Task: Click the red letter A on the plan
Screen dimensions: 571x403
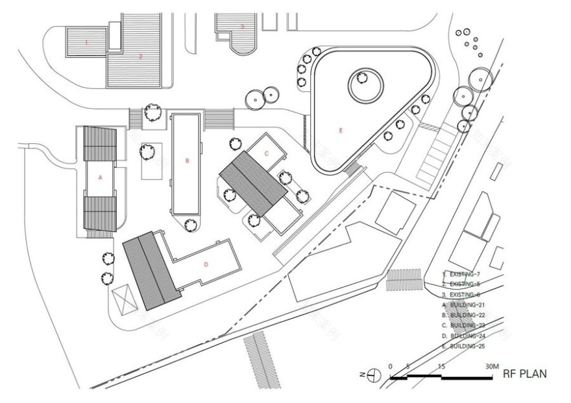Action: click(101, 176)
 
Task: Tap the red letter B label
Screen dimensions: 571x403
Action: click(187, 160)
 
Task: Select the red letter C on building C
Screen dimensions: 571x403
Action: click(266, 153)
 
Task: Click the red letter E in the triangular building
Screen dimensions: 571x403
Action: click(339, 130)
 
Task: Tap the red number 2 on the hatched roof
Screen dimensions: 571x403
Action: click(140, 56)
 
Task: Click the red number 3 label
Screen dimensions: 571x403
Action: click(243, 27)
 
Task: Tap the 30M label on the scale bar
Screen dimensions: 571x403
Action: click(491, 367)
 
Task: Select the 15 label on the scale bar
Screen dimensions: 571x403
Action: click(441, 367)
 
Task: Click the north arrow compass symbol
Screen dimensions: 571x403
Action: click(372, 374)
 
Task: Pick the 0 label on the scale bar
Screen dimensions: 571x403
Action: click(391, 367)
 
